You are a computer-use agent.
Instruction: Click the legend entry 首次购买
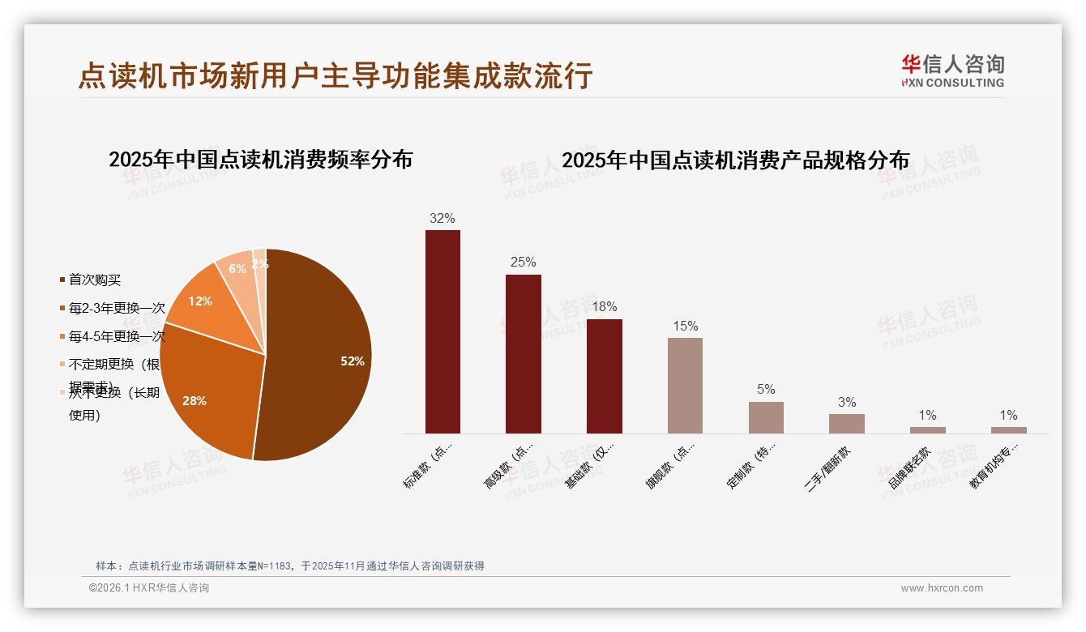(x=95, y=280)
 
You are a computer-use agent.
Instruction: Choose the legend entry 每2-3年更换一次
(x=117, y=309)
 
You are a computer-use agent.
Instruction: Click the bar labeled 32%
(x=443, y=331)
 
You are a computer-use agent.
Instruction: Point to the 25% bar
(x=523, y=354)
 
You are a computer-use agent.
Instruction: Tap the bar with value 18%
(x=604, y=376)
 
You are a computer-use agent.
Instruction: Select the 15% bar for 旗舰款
(x=685, y=386)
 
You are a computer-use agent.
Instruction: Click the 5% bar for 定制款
(x=766, y=417)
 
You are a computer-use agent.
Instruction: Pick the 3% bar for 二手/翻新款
(x=846, y=424)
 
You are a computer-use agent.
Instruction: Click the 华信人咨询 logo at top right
(x=952, y=70)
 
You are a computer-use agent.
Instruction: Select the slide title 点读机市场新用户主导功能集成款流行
(x=336, y=75)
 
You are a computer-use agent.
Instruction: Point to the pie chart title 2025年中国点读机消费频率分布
(x=260, y=160)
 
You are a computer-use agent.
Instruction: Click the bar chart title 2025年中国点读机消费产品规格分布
(x=735, y=160)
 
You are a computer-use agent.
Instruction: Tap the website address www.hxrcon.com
(x=942, y=588)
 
